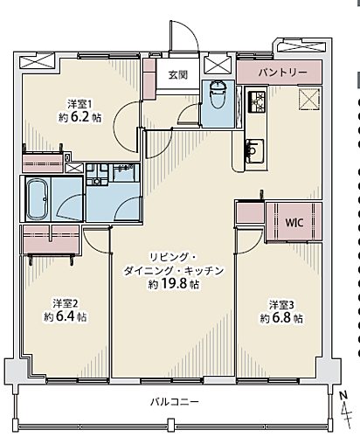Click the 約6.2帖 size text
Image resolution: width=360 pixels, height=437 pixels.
[80, 116]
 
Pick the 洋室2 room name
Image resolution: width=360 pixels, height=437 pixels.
[65, 303]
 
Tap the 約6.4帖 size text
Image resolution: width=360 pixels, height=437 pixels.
[65, 318]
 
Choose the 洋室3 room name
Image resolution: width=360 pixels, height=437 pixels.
[281, 303]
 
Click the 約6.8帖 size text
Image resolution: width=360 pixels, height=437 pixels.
[281, 318]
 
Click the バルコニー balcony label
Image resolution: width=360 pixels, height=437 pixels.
[175, 402]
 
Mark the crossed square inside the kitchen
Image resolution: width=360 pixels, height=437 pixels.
[308, 98]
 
